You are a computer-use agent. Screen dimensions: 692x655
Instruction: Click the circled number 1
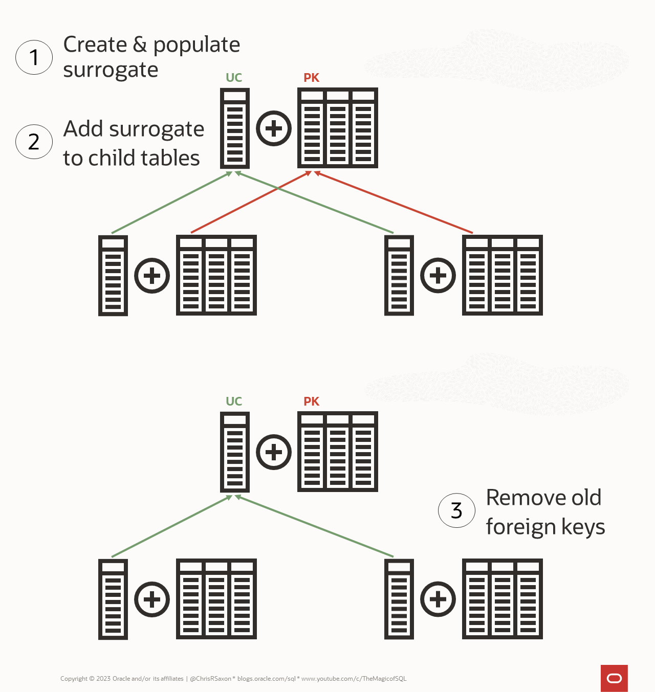click(34, 57)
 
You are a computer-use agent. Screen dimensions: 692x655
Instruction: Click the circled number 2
click(34, 142)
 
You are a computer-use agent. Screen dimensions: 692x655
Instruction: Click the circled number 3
click(456, 510)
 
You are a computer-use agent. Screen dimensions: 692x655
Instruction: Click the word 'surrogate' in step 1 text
click(111, 70)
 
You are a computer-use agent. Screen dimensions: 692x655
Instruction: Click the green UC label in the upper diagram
click(234, 78)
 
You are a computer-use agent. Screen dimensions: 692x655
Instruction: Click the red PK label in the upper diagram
click(311, 78)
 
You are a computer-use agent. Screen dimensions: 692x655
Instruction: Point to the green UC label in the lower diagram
click(234, 401)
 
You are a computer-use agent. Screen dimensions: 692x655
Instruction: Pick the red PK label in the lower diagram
click(311, 401)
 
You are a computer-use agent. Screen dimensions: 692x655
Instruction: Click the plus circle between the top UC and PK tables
click(273, 128)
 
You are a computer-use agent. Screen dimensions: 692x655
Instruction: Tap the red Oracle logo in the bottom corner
click(614, 678)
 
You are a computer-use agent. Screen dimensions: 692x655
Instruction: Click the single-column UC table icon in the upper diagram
click(235, 128)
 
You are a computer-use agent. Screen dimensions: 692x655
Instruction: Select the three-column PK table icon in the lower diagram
click(338, 452)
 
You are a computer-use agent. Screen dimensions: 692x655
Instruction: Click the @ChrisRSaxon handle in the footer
click(210, 679)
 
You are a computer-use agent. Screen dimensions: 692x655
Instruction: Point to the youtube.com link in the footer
click(354, 679)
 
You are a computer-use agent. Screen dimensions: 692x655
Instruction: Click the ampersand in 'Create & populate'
click(140, 45)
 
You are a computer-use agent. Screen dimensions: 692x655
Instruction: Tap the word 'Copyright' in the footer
click(74, 679)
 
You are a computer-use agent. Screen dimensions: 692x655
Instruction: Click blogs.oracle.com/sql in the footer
click(266, 679)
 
